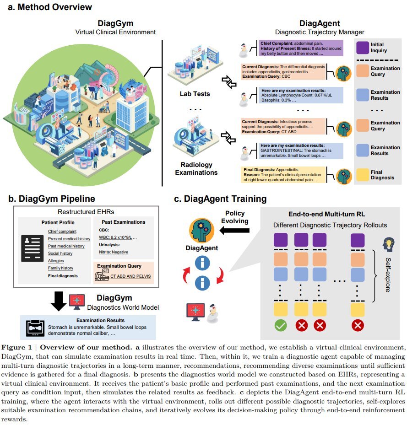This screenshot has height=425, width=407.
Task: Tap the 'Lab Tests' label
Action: pos(195,94)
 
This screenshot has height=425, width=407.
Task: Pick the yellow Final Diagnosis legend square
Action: pos(363,175)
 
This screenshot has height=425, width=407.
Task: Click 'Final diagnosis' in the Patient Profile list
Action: pos(63,276)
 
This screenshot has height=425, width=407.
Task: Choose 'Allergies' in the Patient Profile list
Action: pos(56,261)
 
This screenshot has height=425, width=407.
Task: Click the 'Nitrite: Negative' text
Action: pos(114,252)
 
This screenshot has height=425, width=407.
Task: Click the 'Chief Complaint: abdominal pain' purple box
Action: pos(300,48)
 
